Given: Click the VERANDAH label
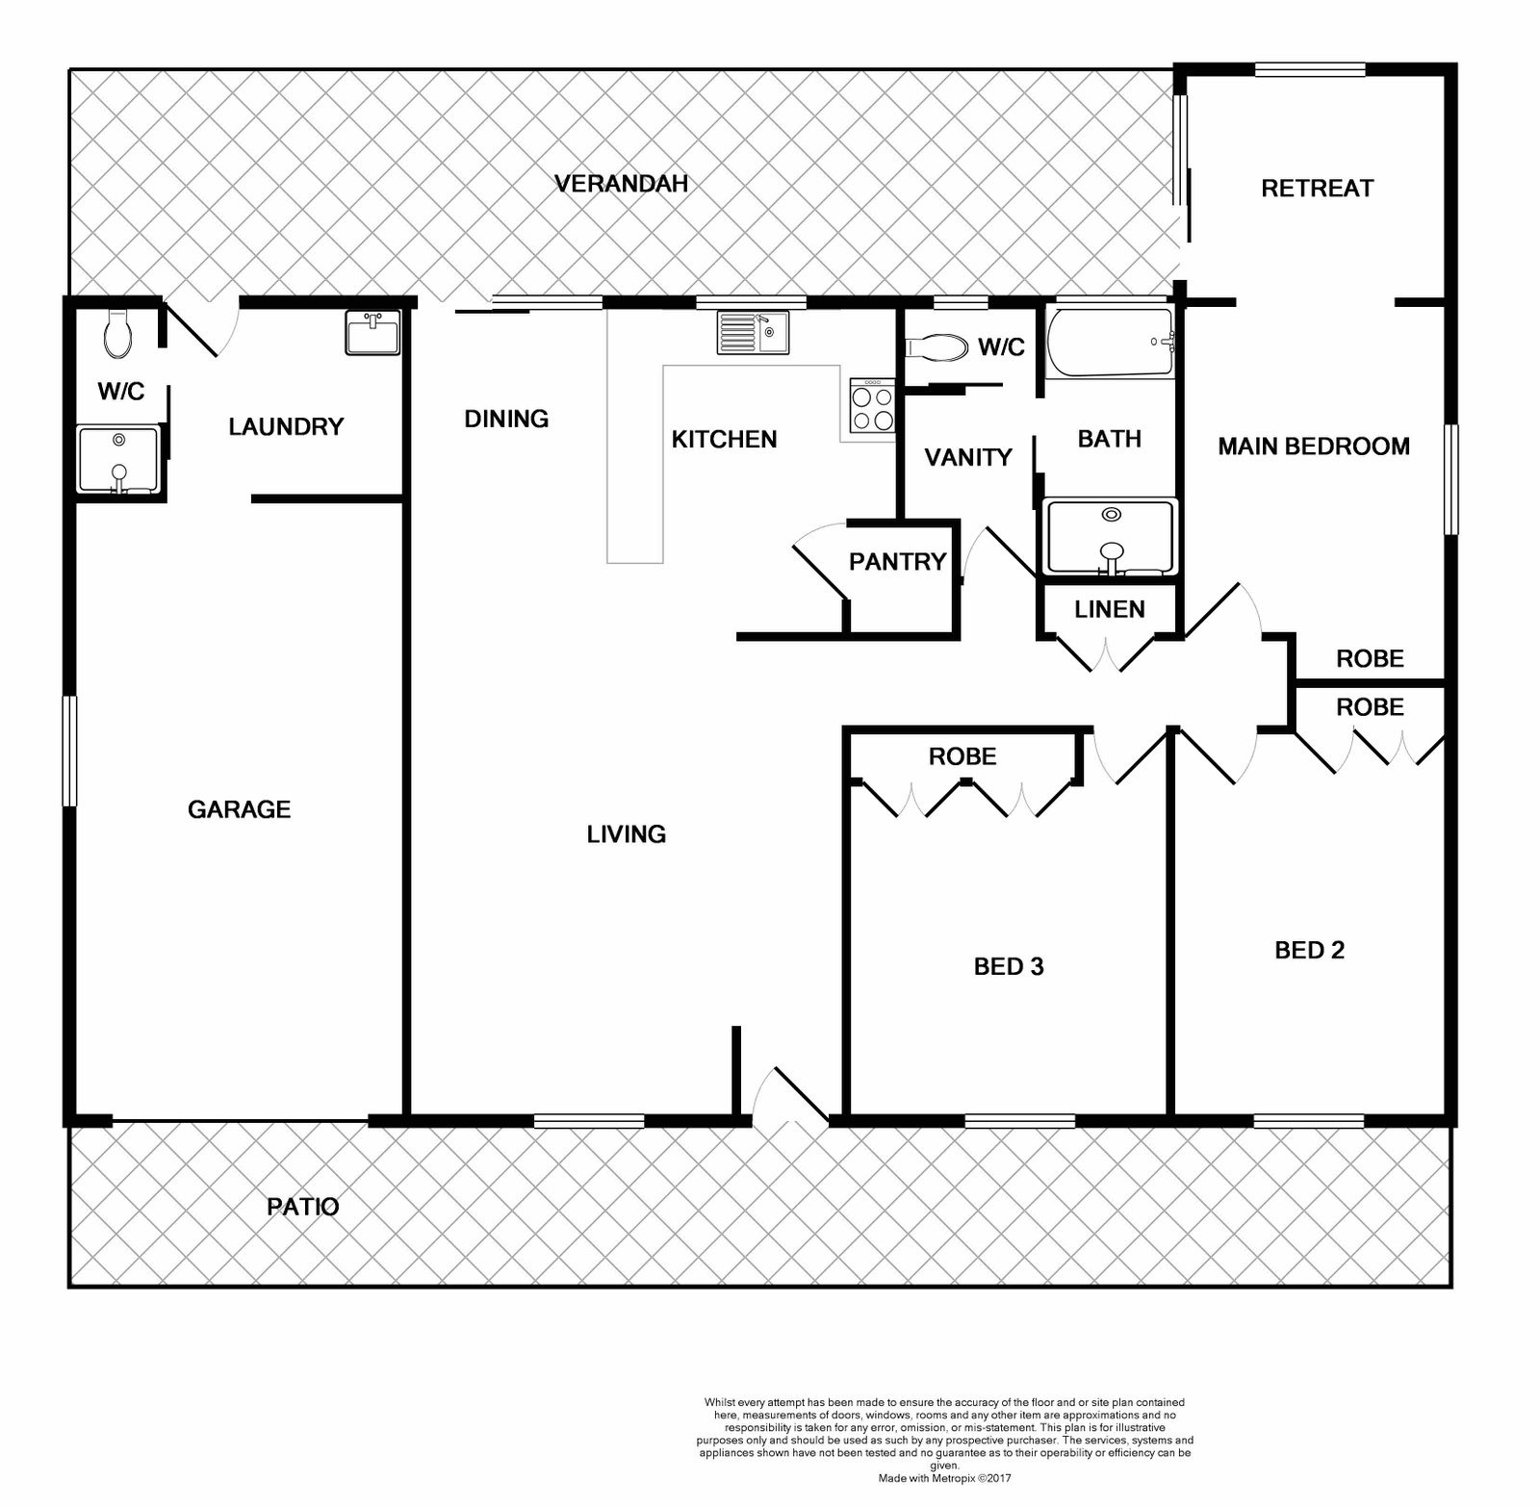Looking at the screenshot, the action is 622,183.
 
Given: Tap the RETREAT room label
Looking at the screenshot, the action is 1317,188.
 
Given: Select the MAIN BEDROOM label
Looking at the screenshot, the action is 1314,446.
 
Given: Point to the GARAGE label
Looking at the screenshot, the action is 239,809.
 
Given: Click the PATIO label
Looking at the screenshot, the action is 303,1206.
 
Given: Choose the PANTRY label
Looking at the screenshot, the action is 897,561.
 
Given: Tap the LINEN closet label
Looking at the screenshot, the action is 1110,609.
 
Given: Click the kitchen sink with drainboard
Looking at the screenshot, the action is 753,333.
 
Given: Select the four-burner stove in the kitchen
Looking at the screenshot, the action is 872,405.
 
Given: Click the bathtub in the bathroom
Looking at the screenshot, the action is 1110,342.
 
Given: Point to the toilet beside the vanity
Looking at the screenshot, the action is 937,347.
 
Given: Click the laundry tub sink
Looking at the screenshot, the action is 372,333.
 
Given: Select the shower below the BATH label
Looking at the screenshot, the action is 1110,537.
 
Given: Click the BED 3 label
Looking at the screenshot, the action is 1009,966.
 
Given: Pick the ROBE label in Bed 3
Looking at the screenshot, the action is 962,756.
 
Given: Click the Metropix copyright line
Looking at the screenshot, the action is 944,1477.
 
